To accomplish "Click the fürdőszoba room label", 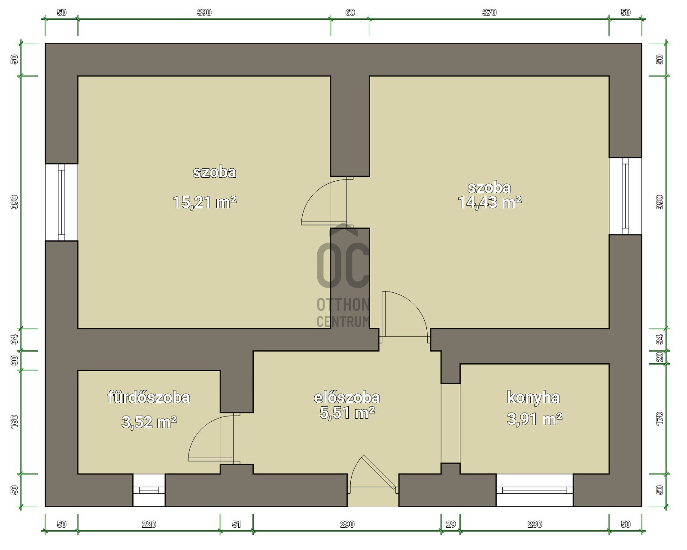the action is tap(149, 398).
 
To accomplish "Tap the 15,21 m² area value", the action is tap(204, 202).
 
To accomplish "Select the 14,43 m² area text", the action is tap(489, 202).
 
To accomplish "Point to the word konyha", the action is tap(533, 398).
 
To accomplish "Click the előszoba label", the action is tap(347, 398).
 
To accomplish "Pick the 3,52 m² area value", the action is tap(149, 422).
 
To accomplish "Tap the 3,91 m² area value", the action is tap(535, 419).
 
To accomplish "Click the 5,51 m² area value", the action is tap(347, 413).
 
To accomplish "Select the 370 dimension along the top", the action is tap(489, 12).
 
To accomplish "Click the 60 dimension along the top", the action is tap(350, 12).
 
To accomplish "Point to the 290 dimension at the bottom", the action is tap(347, 525).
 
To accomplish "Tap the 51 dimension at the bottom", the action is tap(236, 525).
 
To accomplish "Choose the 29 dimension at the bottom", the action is tap(450, 525).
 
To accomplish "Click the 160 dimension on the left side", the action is tap(15, 422).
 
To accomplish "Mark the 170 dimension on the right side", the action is tap(660, 419).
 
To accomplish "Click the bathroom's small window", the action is tap(149, 490).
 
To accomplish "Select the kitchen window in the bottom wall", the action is tap(535, 490).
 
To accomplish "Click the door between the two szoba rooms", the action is tap(327, 201).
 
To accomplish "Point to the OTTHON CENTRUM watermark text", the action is tap(343, 313).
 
